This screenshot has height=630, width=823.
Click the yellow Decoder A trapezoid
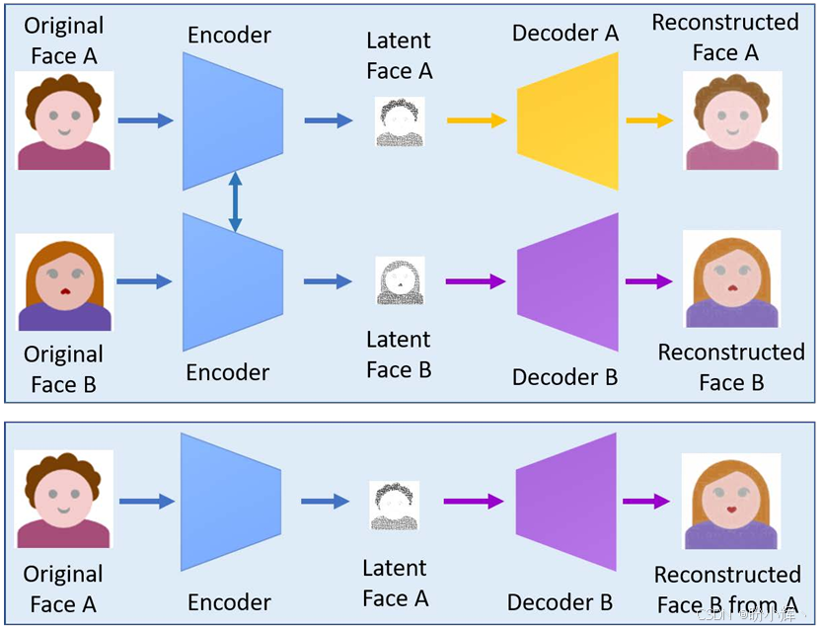(x=568, y=120)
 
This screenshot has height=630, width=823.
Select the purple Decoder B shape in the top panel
(x=568, y=281)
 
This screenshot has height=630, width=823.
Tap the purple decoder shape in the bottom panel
(x=566, y=502)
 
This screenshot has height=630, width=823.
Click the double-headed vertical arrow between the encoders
(x=235, y=201)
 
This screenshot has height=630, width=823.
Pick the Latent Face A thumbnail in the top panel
(x=400, y=122)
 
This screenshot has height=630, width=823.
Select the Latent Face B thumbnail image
(x=400, y=281)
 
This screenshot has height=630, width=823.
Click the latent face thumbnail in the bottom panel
(x=395, y=505)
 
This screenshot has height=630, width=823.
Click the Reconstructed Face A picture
(x=731, y=120)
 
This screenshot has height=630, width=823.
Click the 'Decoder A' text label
(x=565, y=34)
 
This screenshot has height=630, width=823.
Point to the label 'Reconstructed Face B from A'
(x=727, y=589)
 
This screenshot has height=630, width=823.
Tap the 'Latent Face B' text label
(x=399, y=354)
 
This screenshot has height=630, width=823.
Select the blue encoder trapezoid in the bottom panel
(x=231, y=502)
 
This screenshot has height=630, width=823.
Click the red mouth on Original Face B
(x=65, y=291)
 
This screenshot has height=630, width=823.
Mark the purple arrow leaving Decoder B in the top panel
(x=648, y=281)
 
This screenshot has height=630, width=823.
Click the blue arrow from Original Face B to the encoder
(x=144, y=281)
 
